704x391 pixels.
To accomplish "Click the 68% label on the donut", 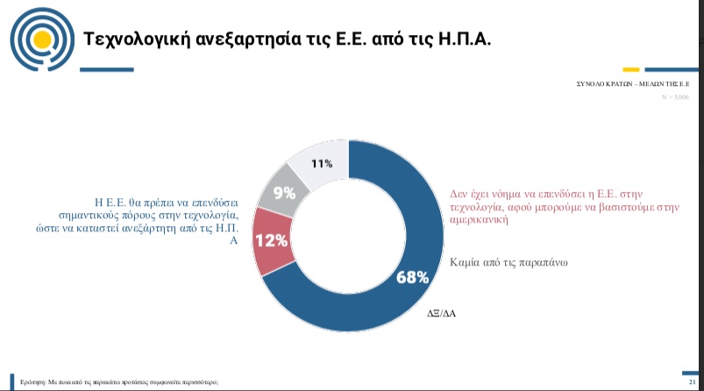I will [x=412, y=277].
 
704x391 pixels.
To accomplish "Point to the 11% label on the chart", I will [x=322, y=164].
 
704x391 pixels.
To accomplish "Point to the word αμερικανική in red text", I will [x=479, y=221].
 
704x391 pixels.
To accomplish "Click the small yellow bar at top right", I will [x=629, y=69].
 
